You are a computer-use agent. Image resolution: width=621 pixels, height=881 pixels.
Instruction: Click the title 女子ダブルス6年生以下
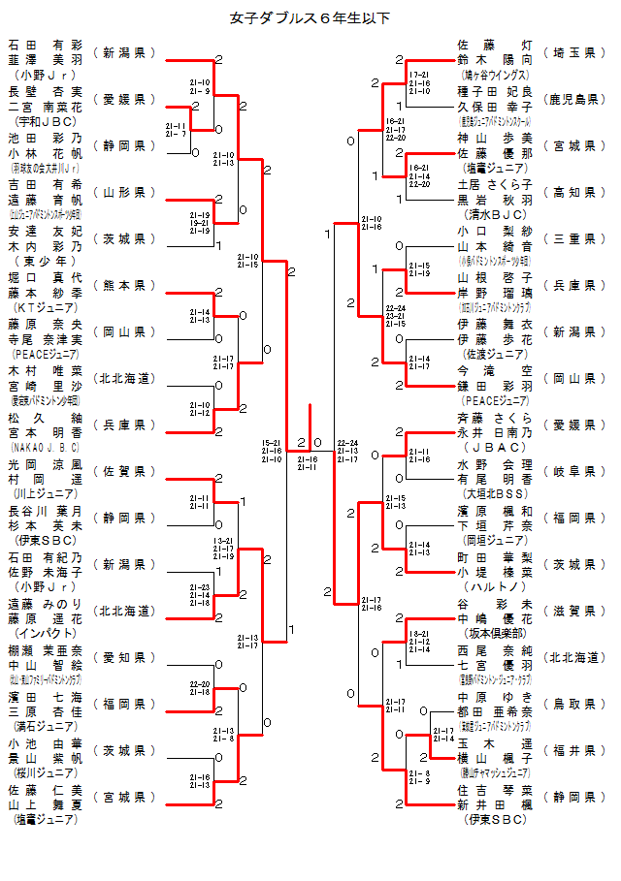(x=310, y=16)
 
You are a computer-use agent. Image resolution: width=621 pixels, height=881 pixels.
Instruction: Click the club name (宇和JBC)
(x=46, y=121)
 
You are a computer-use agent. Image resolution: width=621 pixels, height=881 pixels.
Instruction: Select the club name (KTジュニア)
(x=46, y=307)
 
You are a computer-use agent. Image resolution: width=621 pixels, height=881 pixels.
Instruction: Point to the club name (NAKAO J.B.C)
(x=46, y=447)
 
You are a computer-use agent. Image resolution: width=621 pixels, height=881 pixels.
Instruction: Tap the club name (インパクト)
(x=46, y=633)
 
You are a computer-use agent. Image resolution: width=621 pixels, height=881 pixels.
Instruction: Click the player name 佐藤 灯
(x=495, y=44)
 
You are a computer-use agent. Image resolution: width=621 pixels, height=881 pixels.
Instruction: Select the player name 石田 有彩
(x=46, y=45)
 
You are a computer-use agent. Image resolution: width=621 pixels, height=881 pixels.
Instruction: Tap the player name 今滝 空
(x=495, y=369)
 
